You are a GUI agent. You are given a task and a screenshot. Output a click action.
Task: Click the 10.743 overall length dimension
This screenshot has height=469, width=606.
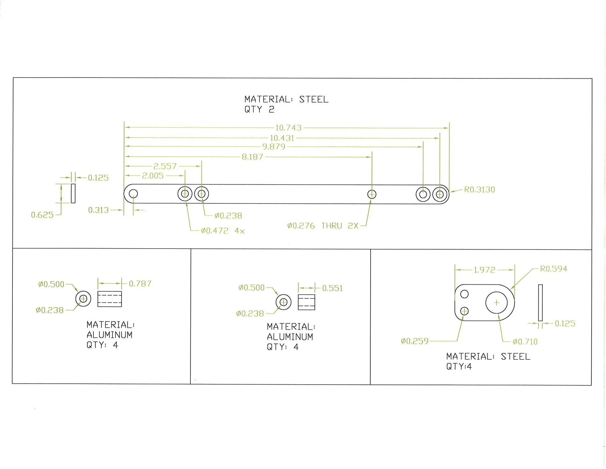pos(288,128)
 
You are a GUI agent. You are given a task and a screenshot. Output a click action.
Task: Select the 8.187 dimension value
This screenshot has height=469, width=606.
pos(252,157)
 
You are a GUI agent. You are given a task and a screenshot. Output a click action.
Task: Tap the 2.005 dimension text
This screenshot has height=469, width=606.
pos(153,176)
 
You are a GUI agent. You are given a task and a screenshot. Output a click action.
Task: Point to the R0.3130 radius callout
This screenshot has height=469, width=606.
pos(479,189)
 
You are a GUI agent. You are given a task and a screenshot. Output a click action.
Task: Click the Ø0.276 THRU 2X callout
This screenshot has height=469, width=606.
pos(323,226)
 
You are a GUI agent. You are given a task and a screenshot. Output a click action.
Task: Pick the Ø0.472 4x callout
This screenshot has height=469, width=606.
pos(223,231)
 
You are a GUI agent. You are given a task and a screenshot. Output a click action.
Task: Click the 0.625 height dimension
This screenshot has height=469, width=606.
pos(42,215)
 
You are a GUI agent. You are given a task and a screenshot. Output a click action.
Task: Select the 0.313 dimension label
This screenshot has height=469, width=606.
pos(99,210)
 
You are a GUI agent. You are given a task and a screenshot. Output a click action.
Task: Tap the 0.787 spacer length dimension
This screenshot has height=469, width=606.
pos(140,284)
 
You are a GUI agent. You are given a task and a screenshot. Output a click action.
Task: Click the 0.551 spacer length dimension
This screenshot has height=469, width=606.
pos(332,288)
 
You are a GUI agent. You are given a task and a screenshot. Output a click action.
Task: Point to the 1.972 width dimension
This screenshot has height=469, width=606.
pos(484,270)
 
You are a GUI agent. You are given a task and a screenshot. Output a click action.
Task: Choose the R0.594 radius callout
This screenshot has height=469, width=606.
pos(554,269)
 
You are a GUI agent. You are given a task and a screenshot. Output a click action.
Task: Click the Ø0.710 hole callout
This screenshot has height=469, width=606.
pos(525,342)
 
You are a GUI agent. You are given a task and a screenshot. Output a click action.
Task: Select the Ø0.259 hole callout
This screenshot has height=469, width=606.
pos(415,341)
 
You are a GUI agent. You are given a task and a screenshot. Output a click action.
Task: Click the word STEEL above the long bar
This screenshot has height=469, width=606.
pos(314,99)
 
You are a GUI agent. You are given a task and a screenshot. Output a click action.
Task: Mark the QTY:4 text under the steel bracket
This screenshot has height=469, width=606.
pos(459,366)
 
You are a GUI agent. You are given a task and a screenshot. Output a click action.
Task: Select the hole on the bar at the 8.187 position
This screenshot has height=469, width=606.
pos(372,194)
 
